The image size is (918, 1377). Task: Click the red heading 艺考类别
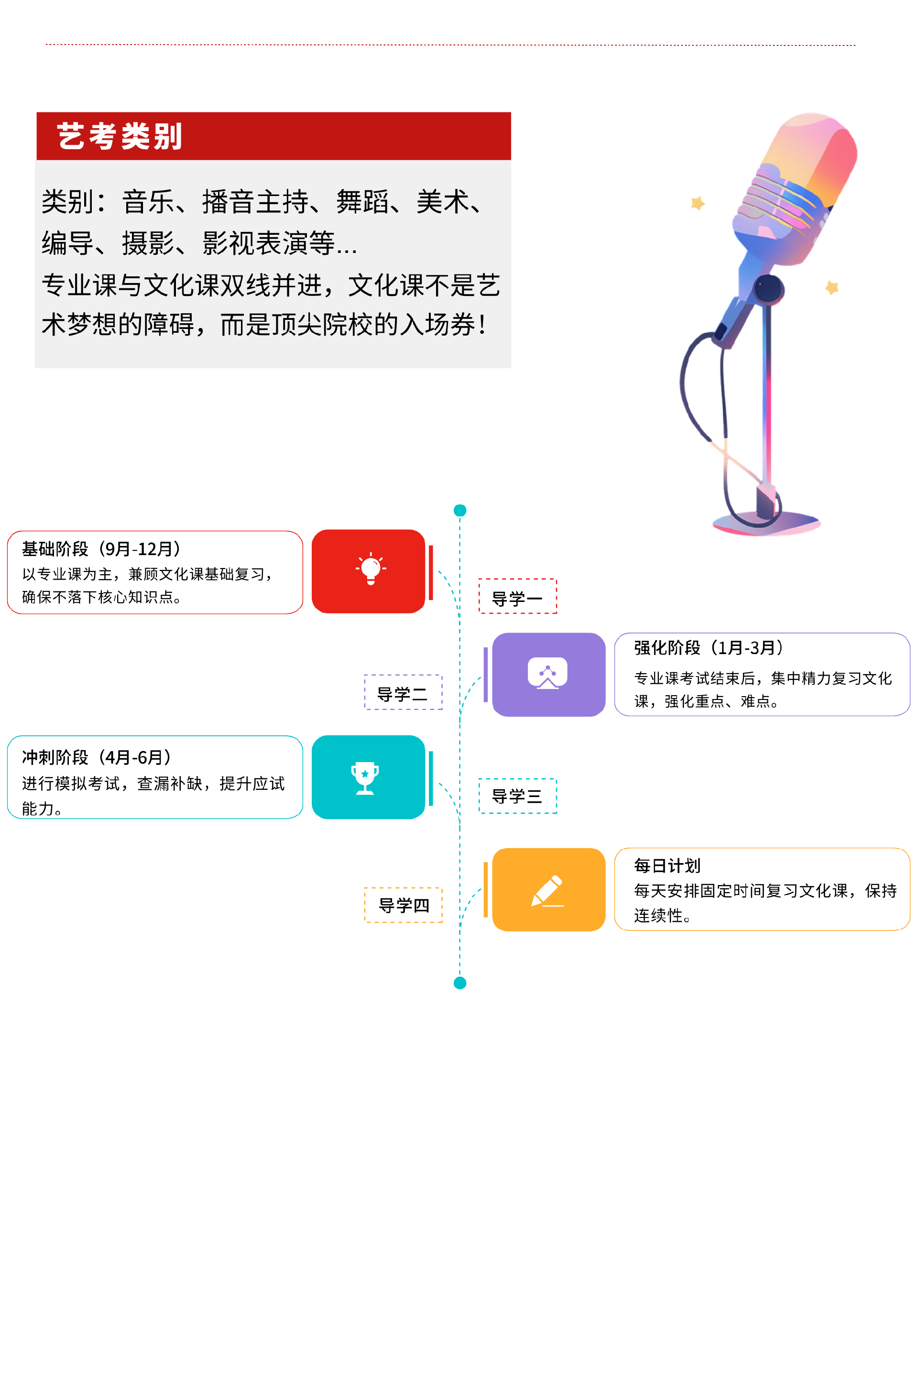point(120,136)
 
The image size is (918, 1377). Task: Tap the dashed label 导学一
point(517,597)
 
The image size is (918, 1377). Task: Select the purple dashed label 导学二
point(403,693)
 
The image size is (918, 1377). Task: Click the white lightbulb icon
point(371,568)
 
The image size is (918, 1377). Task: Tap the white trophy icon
point(365,778)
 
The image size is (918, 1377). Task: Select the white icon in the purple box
point(547,673)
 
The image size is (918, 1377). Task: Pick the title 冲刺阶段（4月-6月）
point(97,757)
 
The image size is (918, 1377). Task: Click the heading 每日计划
point(667,865)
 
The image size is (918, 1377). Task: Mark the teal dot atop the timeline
point(460,511)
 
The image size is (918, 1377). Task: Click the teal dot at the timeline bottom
point(460,983)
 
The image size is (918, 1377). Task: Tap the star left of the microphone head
point(697,203)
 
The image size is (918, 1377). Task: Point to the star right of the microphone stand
point(832,287)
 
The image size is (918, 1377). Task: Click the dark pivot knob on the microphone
point(768,288)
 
